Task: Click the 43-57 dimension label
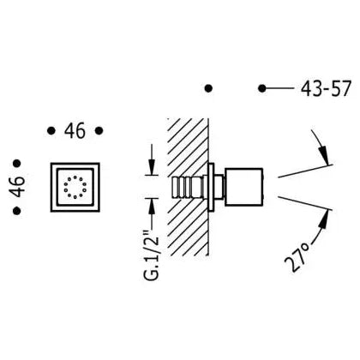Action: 326,88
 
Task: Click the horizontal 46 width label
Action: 75,131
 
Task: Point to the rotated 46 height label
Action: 19,187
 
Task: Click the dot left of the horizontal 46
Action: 51,131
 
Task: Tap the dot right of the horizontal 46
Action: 99,131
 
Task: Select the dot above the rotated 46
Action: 17,164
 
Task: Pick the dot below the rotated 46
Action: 17,211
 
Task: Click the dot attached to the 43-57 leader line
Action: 262,88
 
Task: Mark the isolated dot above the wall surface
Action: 209,88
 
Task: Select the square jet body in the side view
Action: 243,187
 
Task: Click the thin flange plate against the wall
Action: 212,187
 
